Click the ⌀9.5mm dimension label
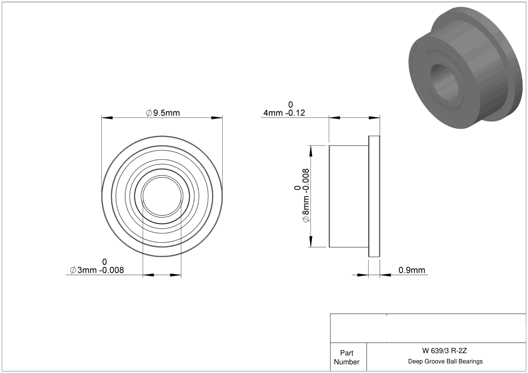[x=163, y=113]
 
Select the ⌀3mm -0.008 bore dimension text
[x=97, y=270]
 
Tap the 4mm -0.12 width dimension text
[x=284, y=113]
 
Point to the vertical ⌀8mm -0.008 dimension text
[x=306, y=195]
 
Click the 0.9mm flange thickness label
[x=412, y=270]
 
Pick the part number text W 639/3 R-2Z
[x=444, y=351]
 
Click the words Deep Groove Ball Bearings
[x=445, y=361]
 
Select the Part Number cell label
[x=346, y=357]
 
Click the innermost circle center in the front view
[x=162, y=196]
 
